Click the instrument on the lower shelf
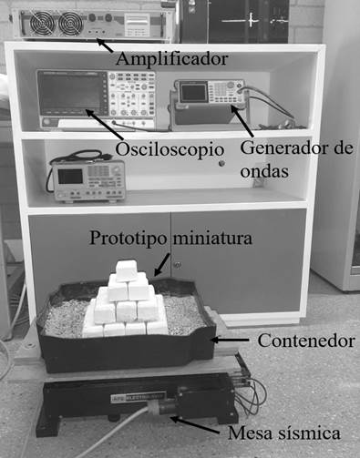(87, 179)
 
